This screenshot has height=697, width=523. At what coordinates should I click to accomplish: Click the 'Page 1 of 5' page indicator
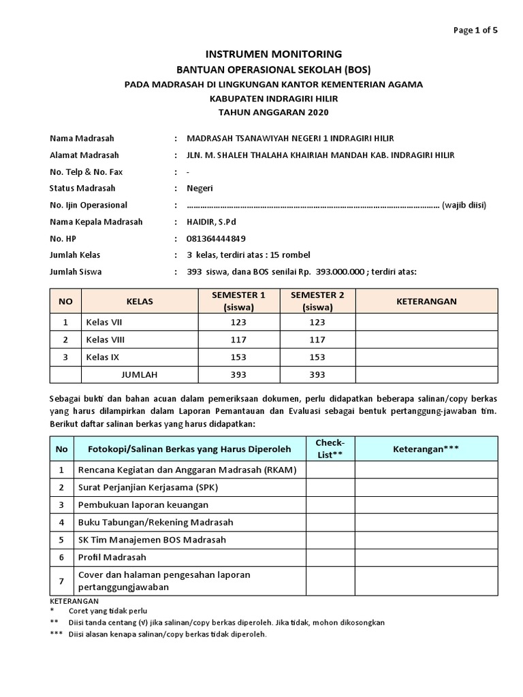(476, 29)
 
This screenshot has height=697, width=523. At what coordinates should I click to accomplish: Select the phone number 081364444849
(216, 239)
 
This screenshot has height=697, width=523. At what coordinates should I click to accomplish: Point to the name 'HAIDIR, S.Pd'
(211, 222)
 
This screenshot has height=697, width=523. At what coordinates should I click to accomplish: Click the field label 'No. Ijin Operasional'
(89, 205)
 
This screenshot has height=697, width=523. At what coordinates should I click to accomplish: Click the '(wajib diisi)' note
(464, 205)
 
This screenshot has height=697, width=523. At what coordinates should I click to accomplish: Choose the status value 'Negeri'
(200, 189)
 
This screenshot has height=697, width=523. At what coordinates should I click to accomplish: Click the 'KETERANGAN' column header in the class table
(426, 301)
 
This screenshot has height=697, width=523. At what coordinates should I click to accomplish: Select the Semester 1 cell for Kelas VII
(238, 323)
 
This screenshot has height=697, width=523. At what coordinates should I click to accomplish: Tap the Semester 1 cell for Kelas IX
(238, 357)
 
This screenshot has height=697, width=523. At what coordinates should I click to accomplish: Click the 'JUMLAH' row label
(139, 374)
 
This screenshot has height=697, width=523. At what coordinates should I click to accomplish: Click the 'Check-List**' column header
(330, 449)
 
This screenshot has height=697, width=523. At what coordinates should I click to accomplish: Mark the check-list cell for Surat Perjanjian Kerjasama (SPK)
(330, 487)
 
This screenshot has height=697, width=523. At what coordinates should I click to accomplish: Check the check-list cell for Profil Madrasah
(330, 557)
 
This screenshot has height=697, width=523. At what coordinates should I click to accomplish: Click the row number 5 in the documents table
(62, 540)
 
